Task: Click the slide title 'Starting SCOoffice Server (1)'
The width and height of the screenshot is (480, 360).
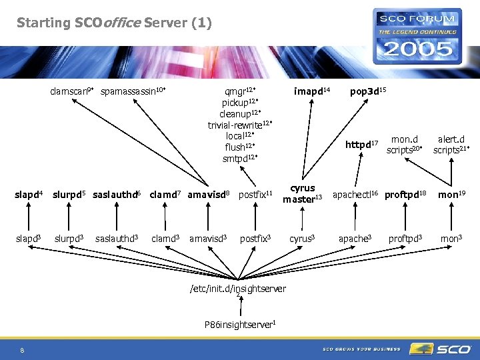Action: click(114, 23)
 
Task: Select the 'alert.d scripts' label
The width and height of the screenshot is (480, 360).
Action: click(451, 145)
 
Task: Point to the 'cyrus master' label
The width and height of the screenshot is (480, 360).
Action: click(303, 193)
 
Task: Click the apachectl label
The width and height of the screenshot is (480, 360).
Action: click(355, 194)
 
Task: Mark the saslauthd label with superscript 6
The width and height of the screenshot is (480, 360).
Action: click(117, 195)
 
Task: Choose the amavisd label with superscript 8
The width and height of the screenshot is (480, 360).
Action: click(209, 195)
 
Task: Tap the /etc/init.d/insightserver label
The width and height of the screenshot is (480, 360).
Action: click(238, 289)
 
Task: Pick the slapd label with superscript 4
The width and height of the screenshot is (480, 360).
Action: click(29, 195)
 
